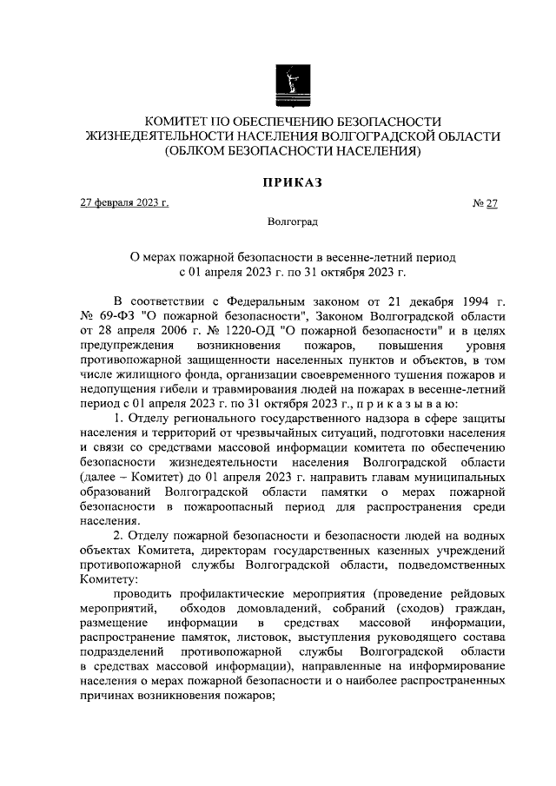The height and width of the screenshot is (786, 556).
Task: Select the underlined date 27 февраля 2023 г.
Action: point(124,203)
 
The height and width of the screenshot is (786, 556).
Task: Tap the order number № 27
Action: point(485,204)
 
